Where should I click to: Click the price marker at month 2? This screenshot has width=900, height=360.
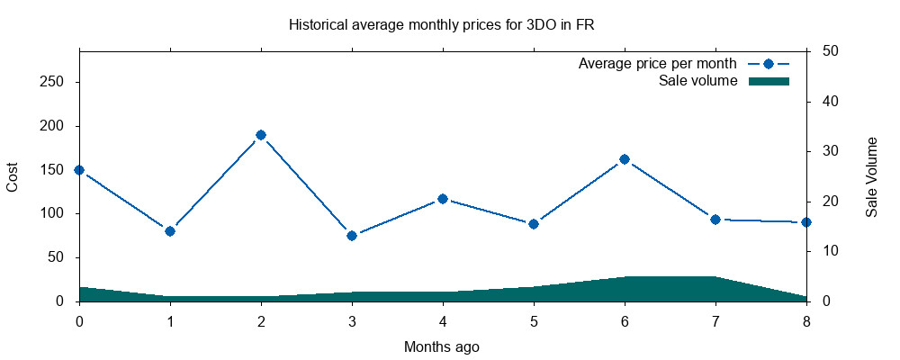point(261,135)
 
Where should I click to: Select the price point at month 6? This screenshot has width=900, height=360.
point(625,159)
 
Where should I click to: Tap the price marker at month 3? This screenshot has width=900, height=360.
point(352,236)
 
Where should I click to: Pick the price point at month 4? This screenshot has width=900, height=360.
point(443,199)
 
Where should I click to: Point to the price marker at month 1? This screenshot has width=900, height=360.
point(170,230)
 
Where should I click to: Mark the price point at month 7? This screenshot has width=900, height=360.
point(715,220)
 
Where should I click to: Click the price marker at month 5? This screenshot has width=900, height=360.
point(534,224)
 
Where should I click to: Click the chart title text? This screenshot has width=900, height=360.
point(441,25)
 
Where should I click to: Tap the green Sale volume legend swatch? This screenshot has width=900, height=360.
point(769,81)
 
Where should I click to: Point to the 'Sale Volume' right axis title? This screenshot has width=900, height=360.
point(872,177)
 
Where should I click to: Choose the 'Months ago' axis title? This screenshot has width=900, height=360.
point(441,346)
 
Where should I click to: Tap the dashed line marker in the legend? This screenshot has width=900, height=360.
point(769,63)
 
